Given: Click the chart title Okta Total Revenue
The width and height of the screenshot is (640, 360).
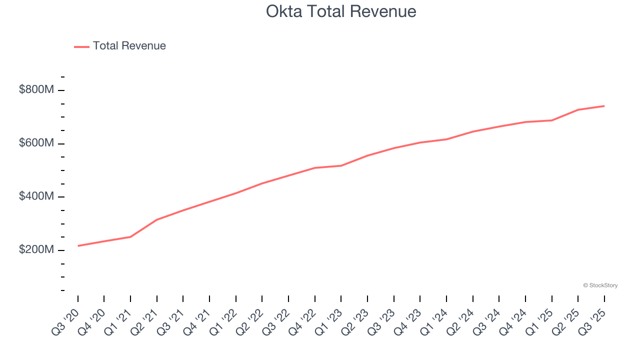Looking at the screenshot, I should (341, 11).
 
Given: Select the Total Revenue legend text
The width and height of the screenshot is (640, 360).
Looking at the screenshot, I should (129, 46).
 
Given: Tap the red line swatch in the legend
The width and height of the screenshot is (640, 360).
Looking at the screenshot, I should (81, 46).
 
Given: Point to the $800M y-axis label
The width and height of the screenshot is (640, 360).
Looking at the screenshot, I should (36, 90).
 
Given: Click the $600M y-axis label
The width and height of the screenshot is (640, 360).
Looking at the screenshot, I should (36, 143).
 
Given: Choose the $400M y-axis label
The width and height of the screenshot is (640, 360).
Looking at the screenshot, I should (36, 196).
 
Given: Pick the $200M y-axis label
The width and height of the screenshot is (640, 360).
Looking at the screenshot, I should (36, 250).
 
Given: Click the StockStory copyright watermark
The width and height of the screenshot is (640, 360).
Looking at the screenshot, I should (600, 285).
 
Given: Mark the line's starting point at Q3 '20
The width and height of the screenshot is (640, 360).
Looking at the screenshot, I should (78, 246).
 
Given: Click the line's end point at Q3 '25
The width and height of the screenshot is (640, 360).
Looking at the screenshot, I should (604, 106).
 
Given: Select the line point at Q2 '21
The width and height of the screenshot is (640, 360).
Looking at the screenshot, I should (157, 219).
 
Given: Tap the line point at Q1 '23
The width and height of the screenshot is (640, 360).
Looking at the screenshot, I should (341, 165).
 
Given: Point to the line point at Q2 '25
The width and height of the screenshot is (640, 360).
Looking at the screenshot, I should (578, 109).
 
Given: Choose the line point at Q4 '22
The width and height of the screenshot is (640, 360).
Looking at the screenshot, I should (315, 168).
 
